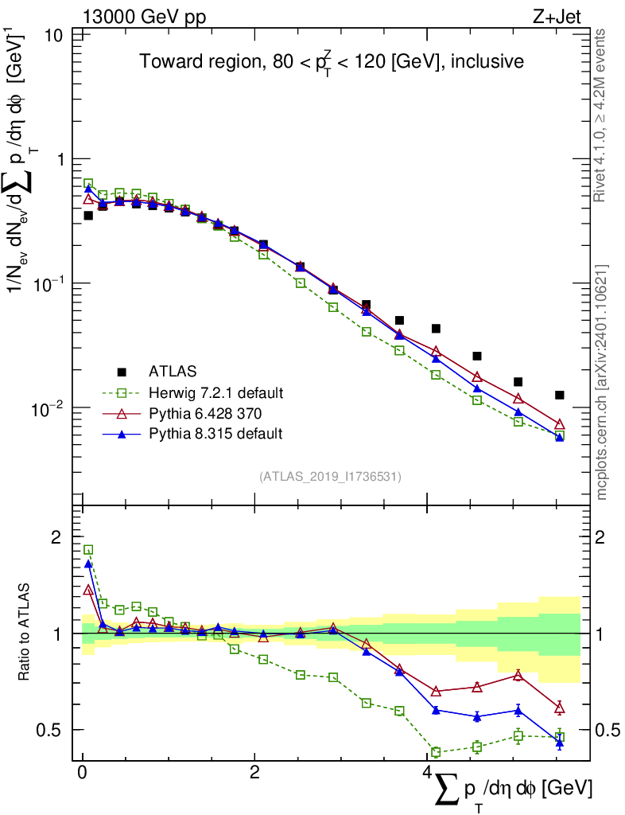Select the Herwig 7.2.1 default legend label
click(216, 392)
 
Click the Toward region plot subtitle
click(331, 61)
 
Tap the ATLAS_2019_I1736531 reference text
click(330, 477)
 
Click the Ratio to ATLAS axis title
click(23, 633)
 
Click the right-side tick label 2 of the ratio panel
click(605, 537)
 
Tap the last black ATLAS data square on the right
click(560, 395)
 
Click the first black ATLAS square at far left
click(88, 216)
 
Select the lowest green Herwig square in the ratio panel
click(436, 752)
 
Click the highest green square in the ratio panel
click(88, 550)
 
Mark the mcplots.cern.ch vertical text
click(603, 382)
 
